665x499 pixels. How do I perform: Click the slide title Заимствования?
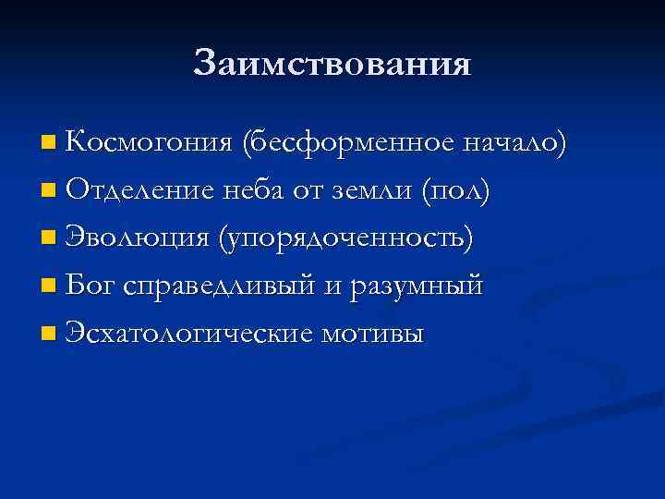pyautogui.click(x=332, y=63)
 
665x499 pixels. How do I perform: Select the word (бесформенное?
pyautogui.click(x=347, y=143)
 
